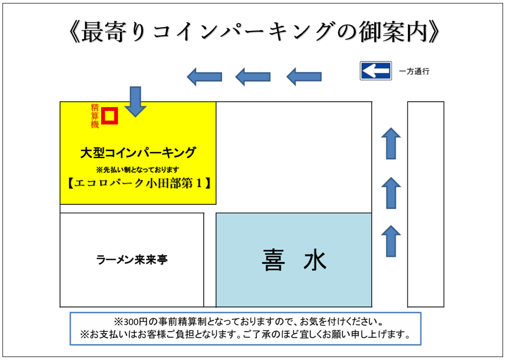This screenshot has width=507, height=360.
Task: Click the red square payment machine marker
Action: coord(110,116)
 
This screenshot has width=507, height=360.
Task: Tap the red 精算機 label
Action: coord(95,116)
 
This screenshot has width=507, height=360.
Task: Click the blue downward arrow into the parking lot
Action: coord(135,101)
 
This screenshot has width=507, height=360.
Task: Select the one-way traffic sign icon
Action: coord(376,71)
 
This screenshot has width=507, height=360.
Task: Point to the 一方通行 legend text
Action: coord(414,71)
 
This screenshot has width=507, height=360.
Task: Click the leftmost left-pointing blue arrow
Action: coord(204,76)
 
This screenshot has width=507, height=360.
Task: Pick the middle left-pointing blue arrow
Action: coord(253,76)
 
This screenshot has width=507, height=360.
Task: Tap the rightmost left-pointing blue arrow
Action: coord(304,76)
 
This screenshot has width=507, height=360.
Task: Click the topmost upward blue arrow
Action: coord(391,143)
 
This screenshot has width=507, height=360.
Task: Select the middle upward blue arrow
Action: coord(391,192)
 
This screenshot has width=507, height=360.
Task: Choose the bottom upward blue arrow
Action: coord(391,241)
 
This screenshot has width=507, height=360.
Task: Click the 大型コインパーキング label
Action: coord(138,153)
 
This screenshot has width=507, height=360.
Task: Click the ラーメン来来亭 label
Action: coord(132,259)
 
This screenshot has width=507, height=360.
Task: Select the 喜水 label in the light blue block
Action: coord(294,260)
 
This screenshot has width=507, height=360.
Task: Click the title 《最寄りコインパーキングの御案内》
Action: coord(253,32)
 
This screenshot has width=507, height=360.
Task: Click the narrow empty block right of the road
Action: coord(425,204)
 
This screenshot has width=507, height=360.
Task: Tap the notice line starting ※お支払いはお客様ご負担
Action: coord(245,335)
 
